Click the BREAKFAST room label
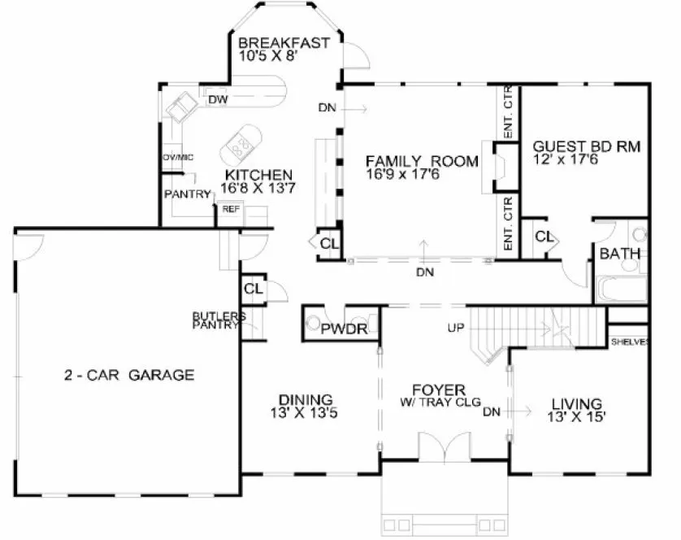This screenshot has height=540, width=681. (284, 42)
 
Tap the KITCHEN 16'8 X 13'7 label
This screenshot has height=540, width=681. (258, 175)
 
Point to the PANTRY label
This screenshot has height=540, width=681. (187, 194)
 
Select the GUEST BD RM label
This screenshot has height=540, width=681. (586, 147)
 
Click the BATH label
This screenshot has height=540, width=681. (619, 255)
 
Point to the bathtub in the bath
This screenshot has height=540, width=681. (622, 288)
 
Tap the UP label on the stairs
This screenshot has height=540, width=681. (455, 329)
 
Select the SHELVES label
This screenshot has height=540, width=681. (630, 342)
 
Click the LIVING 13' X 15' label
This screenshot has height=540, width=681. (576, 404)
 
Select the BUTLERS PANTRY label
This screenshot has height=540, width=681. (215, 320)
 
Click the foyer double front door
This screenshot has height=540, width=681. (443, 447)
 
